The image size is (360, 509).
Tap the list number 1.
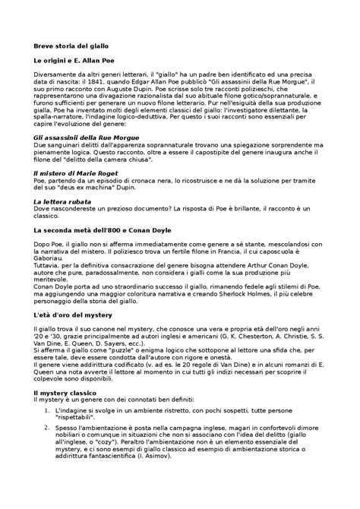click(47, 409)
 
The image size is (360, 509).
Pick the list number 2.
click(47, 430)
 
